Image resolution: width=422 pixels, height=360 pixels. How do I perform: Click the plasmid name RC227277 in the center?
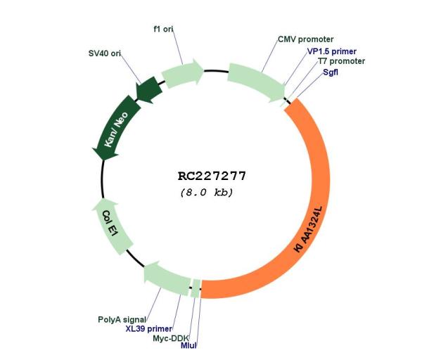click(212, 176)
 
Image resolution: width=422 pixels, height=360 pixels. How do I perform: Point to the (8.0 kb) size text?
click(207, 193)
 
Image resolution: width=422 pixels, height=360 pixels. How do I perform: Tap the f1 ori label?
click(163, 29)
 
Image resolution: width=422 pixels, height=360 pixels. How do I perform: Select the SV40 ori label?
click(104, 53)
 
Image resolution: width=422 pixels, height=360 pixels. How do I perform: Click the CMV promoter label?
click(305, 39)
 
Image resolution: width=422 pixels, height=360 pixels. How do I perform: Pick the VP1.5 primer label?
click(332, 51)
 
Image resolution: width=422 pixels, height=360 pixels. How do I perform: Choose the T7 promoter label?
click(342, 61)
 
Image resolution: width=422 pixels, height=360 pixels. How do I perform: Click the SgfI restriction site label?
click(331, 72)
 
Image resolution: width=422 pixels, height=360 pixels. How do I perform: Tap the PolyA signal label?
click(122, 319)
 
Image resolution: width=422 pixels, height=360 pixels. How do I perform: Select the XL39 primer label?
click(149, 328)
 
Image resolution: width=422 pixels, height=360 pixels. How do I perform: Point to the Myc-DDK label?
click(171, 338)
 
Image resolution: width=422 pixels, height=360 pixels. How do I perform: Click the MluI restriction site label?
click(188, 345)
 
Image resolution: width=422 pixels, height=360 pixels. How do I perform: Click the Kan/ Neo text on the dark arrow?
click(116, 129)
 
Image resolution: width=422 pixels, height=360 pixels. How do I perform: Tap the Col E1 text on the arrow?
click(110, 224)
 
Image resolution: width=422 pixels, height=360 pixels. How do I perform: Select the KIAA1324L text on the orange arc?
click(309, 229)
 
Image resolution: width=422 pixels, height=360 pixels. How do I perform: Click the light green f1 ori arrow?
click(182, 73)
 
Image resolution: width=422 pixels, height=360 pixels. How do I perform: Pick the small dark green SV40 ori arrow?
click(149, 90)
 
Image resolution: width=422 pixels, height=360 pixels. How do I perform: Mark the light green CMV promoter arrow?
click(257, 81)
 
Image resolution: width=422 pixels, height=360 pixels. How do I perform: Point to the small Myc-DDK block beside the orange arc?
click(196, 289)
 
